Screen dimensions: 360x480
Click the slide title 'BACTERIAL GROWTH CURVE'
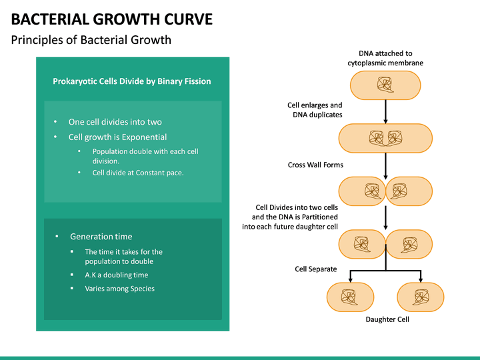coord(112,19)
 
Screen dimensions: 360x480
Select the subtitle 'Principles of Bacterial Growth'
coord(91,40)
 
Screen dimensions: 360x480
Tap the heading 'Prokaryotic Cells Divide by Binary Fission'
coord(132,81)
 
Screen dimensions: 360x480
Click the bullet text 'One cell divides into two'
coord(115,122)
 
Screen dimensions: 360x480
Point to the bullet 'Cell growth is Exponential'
coord(117,137)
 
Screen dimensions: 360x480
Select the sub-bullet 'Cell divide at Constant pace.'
coord(138,173)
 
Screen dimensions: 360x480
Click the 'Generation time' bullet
coord(101,237)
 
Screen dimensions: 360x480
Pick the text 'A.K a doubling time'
coord(117,275)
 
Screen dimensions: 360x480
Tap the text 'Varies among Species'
coord(119,289)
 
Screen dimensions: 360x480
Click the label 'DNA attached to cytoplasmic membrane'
coord(385,58)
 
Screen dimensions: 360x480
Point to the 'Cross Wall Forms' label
coord(315,165)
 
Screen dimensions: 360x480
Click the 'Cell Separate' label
coord(316,269)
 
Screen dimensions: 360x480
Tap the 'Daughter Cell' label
coord(387,319)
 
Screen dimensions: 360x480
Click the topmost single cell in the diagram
coord(386,84)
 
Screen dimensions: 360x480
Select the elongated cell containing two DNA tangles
coord(386,138)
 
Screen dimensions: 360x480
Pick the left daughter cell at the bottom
coord(351,296)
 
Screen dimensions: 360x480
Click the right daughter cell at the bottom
coord(421,296)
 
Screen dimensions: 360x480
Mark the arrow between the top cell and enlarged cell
coord(386,111)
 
